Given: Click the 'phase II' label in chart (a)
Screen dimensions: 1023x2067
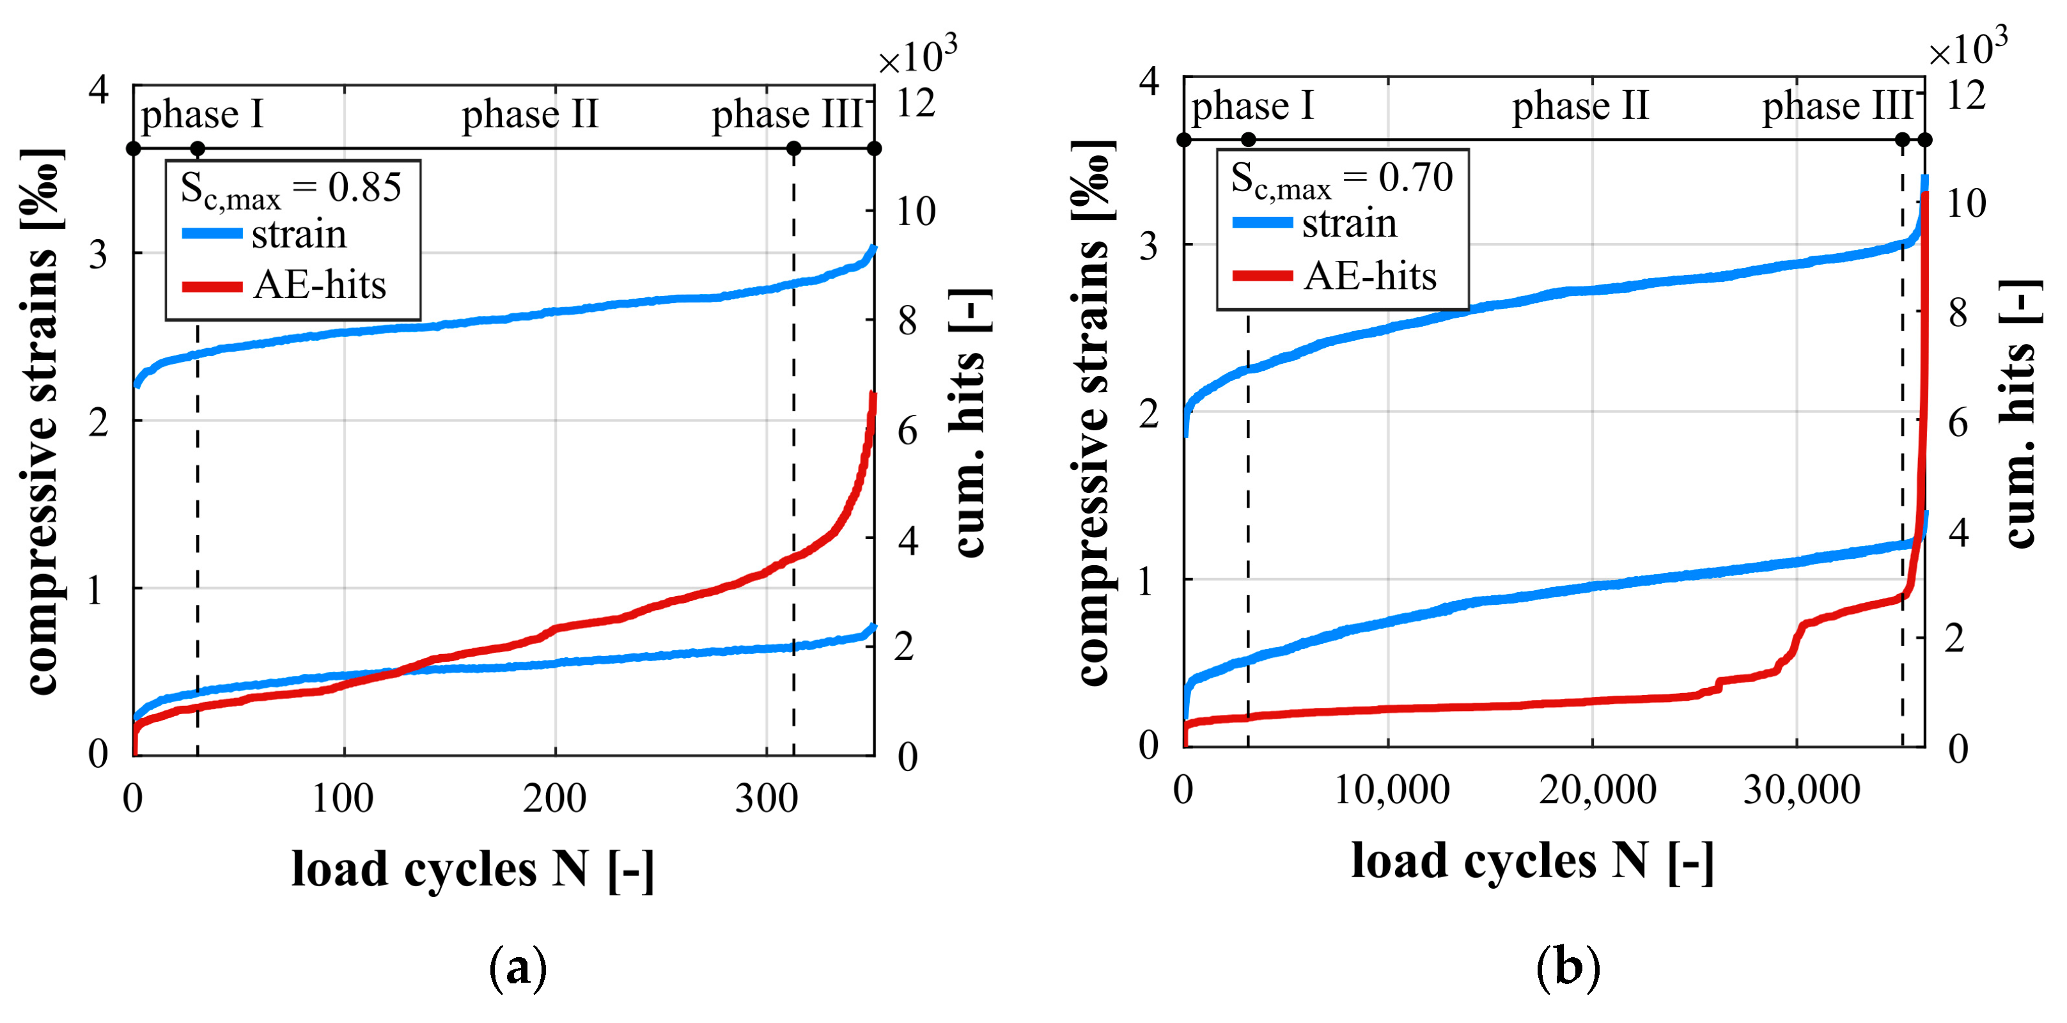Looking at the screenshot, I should (x=529, y=114).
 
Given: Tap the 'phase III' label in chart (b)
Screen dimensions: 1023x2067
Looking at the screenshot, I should (x=1837, y=106).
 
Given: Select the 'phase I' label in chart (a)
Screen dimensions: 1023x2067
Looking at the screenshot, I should (x=202, y=114).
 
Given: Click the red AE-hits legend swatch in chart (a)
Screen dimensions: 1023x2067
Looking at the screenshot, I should (x=212, y=286).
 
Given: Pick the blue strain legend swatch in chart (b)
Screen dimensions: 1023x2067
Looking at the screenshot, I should (x=1262, y=223).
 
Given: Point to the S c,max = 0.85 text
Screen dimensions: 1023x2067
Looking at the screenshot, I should (x=290, y=189).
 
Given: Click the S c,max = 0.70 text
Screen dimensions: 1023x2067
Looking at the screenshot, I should (x=1341, y=179).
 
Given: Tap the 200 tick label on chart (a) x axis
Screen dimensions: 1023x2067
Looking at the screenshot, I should (x=554, y=799).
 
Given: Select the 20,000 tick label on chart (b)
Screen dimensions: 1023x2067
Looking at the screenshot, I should (x=1597, y=790).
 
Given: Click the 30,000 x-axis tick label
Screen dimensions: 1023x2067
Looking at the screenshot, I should (x=1802, y=790).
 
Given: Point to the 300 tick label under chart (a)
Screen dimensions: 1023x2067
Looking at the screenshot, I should (x=767, y=799).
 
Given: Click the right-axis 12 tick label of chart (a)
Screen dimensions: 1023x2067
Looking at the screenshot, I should (x=916, y=104).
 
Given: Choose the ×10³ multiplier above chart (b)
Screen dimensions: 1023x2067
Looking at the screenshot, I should (x=1967, y=48).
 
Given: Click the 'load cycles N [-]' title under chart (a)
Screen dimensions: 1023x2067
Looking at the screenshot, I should (x=472, y=870).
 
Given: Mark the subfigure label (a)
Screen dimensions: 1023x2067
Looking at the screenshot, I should (x=519, y=967).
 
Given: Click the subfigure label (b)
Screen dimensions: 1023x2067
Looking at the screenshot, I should (x=1568, y=966).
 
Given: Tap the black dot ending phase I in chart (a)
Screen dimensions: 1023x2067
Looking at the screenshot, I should (x=198, y=148).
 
